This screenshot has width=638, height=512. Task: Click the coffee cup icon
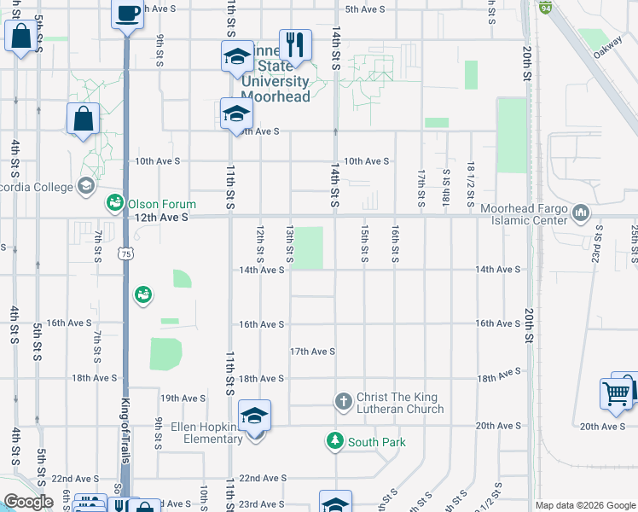pyautogui.click(x=128, y=15)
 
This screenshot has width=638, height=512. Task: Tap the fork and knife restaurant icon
pyautogui.click(x=295, y=44)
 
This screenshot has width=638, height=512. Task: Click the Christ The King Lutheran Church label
pyautogui.click(x=400, y=403)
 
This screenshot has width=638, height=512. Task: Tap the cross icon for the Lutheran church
pyautogui.click(x=343, y=401)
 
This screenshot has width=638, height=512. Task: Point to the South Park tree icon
pyautogui.click(x=335, y=441)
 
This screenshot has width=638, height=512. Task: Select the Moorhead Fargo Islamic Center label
pyautogui.click(x=523, y=214)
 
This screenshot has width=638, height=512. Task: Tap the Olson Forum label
pyautogui.click(x=162, y=204)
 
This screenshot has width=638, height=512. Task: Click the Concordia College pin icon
pyautogui.click(x=85, y=185)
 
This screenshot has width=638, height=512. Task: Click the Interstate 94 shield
pyautogui.click(x=545, y=7)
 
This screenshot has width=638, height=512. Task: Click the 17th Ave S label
pyautogui.click(x=312, y=352)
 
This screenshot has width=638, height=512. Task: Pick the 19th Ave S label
pyautogui.click(x=183, y=399)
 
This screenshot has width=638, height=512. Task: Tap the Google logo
pyautogui.click(x=28, y=503)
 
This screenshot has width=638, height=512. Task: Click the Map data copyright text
pyautogui.click(x=585, y=505)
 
